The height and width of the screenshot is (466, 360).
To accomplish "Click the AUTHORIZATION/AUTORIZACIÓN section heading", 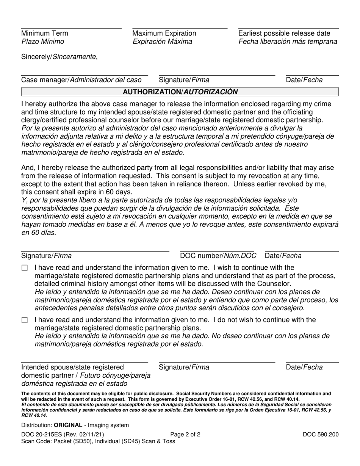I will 180,92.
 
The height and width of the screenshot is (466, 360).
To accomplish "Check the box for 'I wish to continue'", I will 25,268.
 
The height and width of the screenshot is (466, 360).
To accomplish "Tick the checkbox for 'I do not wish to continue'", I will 25,320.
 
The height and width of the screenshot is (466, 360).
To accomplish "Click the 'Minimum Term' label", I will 45,33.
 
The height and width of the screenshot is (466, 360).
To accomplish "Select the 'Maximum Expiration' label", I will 164,33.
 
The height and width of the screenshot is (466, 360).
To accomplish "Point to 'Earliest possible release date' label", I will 284,33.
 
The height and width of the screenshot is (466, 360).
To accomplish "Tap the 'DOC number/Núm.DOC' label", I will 218,256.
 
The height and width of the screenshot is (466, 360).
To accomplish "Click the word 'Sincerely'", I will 36,57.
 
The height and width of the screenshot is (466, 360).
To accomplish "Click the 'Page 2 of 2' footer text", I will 185,435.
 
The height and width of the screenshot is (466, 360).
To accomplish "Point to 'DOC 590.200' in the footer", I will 321,435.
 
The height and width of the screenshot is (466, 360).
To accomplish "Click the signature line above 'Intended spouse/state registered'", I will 84,363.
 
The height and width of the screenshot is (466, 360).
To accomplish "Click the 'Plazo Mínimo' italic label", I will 42,42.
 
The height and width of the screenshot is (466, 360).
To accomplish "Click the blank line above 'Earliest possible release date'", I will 288,29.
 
